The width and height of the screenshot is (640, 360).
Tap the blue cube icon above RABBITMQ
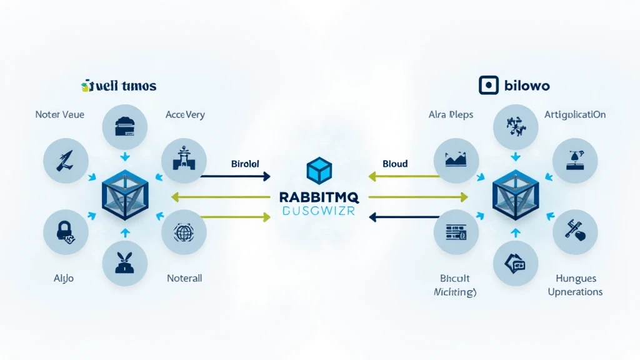pos(319,171)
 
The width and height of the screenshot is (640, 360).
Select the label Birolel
pos(245,164)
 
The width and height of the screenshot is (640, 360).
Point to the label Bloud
pos(395,164)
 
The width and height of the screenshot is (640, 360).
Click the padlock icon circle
pos(65,232)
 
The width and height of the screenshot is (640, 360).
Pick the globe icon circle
pos(183,232)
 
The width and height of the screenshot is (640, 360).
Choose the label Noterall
pos(184,278)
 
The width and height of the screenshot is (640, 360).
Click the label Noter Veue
pos(60,115)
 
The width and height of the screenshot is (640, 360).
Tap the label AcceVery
pos(185,115)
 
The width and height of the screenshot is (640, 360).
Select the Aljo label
pos(64,278)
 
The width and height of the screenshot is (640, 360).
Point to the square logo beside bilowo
pos(488,85)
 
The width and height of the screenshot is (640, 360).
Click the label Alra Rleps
pos(451,115)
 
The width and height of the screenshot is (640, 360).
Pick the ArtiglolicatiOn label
pos(574,115)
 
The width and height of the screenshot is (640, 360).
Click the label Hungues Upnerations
pos(575,285)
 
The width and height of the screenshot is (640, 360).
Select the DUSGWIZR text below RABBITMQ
pos(319,212)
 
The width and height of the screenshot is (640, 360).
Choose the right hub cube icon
pos(515,195)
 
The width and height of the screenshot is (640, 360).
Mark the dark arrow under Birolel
pos(236,177)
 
